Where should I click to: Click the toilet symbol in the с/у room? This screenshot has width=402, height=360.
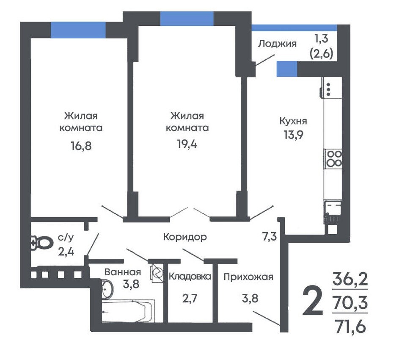coord(41,243)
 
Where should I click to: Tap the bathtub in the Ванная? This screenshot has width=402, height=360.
coord(128,310)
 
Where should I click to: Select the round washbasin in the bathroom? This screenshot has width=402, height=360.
coord(107,289)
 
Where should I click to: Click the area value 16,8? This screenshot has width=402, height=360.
coord(81,146)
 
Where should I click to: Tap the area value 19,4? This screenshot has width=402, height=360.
coord(187,144)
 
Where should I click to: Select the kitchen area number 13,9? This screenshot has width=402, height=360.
coord(293,134)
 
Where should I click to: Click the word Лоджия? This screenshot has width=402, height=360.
coord(277,44)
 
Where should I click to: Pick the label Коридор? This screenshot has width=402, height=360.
coord(185,237)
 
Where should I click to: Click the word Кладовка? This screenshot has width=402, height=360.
coord(190,276)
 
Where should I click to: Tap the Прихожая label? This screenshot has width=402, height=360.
coord(248,277)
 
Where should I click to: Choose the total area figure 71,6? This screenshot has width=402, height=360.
coord(350,327)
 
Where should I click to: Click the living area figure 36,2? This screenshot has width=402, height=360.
coord(350,279)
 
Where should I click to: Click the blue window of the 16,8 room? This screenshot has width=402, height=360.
coord(78,30)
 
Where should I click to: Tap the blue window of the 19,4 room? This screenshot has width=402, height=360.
coord(187,19)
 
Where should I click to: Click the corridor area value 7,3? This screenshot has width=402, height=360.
coord(270,236)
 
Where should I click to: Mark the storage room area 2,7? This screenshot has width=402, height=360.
coord(190,299)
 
